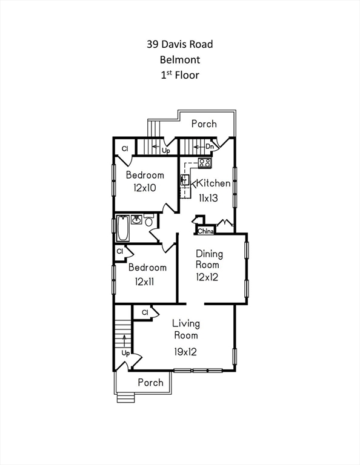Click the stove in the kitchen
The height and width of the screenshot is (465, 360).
[205, 163]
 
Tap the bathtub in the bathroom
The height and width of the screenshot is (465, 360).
[123, 228]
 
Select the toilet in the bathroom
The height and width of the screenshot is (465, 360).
[149, 220]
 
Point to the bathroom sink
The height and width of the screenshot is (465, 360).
[136, 220]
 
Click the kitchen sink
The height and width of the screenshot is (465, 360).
[185, 180]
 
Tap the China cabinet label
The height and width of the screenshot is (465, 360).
[205, 231]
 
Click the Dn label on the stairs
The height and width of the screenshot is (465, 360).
[210, 147]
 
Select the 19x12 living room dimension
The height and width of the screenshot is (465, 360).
[185, 352]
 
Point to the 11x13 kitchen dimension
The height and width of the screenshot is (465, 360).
[208, 198]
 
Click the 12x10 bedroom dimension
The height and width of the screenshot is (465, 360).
[145, 188]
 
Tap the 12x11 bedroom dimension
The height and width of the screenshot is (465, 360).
[144, 281]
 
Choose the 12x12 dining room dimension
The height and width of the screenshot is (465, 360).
[207, 277]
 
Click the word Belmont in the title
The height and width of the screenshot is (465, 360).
[180, 59]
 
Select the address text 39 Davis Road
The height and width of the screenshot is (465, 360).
[180, 44]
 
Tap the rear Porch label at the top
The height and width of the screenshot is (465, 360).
[204, 124]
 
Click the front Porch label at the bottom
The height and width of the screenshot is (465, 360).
[150, 382]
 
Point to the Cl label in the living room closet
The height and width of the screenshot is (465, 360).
[145, 312]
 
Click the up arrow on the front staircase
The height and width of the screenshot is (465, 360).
[124, 341]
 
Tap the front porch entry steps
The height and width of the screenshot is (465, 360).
[125, 398]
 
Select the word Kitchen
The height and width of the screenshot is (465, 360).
[213, 183]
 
